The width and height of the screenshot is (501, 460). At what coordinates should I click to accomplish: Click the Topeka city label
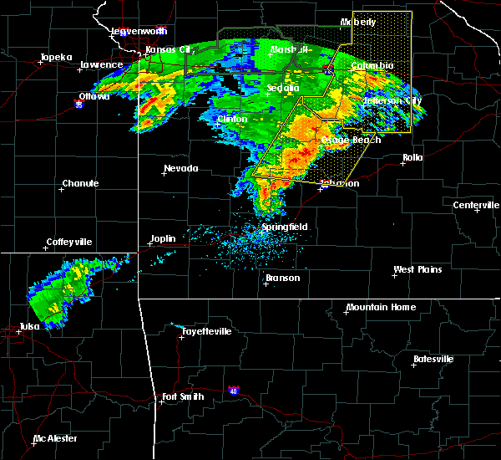pyautogui.click(x=56, y=58)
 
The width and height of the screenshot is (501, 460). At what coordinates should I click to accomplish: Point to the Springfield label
pyautogui.click(x=285, y=227)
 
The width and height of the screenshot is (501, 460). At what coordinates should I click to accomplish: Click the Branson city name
pyautogui.click(x=282, y=278)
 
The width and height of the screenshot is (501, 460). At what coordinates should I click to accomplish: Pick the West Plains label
pyautogui.click(x=417, y=269)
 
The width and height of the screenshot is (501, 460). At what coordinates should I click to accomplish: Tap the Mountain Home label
pyautogui.click(x=380, y=307)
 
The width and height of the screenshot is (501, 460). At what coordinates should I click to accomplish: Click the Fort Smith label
pyautogui.click(x=183, y=396)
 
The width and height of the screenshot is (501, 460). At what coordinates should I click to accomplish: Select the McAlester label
pyautogui.click(x=56, y=439)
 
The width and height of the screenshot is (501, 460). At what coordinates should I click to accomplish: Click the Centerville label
pyautogui.click(x=476, y=205)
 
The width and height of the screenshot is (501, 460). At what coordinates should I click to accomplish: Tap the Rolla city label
pyautogui.click(x=412, y=157)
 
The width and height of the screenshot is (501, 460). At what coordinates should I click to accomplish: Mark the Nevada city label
pyautogui.click(x=181, y=168)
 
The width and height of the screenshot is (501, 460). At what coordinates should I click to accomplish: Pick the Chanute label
pyautogui.click(x=81, y=183)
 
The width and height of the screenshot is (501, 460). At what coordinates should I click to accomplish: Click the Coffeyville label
pyautogui.click(x=69, y=242)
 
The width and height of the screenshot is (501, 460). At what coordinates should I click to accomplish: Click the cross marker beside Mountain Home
pyautogui.click(x=347, y=312)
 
